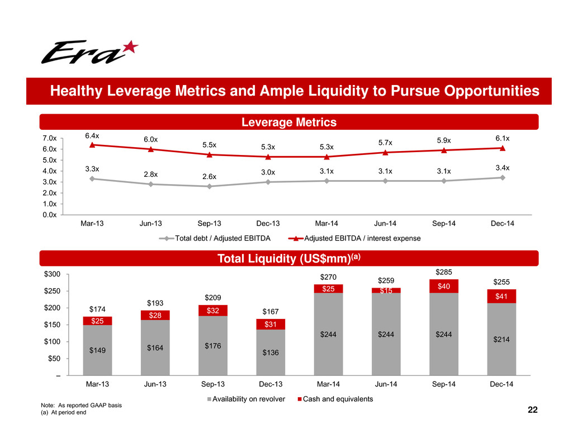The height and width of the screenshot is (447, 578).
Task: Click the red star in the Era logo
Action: click(129, 48)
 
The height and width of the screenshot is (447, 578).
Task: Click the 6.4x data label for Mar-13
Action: click(92, 135)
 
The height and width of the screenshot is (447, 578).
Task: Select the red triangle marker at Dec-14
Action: click(503, 148)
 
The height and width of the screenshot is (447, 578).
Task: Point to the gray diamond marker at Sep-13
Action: click(209, 186)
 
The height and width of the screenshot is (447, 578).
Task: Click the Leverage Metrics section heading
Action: click(288, 122)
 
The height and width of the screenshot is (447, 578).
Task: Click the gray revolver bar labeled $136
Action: click(271, 352)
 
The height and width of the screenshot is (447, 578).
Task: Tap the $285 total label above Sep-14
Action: click(444, 272)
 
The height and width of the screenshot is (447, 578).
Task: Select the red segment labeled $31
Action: click(271, 324)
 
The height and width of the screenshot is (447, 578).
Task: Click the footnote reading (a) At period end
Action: click(64, 412)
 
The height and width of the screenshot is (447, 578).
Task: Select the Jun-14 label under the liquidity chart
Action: click(386, 385)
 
